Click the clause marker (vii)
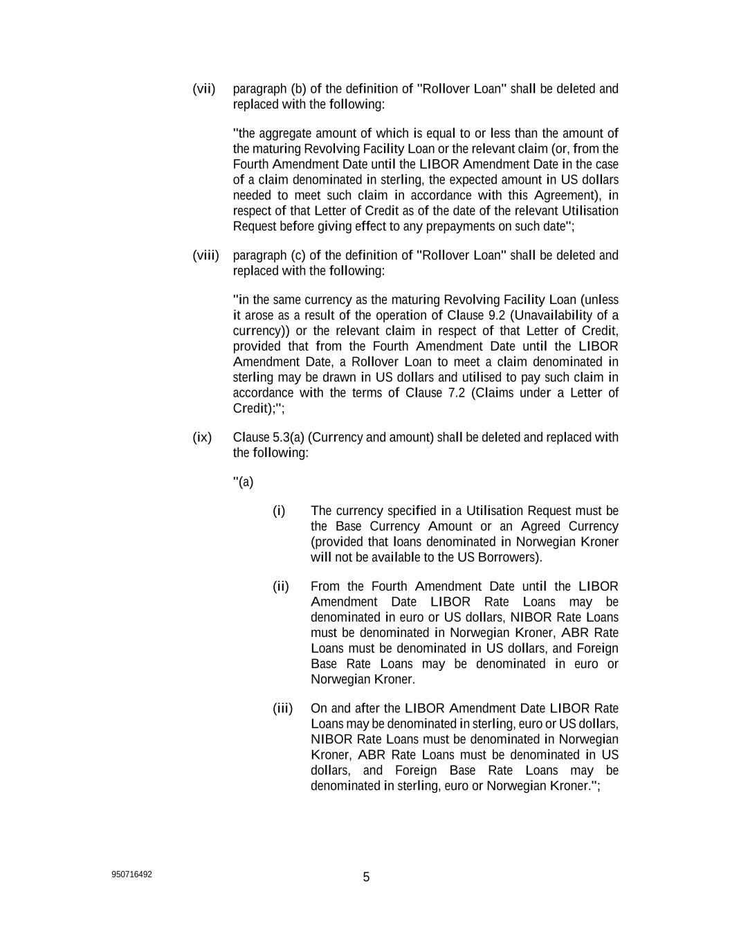204,89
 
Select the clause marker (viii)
206,255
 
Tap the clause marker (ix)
202,438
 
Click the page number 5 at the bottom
366,877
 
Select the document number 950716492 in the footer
131,874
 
